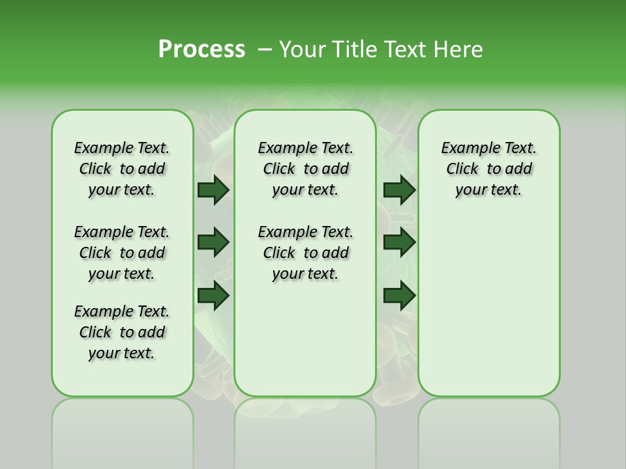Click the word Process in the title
201,49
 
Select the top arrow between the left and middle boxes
213,190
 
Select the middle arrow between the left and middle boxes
213,242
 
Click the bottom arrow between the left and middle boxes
213,296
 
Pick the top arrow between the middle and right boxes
399,190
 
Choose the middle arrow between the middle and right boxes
399,242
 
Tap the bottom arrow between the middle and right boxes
399,296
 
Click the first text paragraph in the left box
122,169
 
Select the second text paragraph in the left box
122,253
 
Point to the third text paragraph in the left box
122,332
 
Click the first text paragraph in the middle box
306,169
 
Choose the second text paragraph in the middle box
306,253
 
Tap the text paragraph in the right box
489,169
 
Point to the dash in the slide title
265,49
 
